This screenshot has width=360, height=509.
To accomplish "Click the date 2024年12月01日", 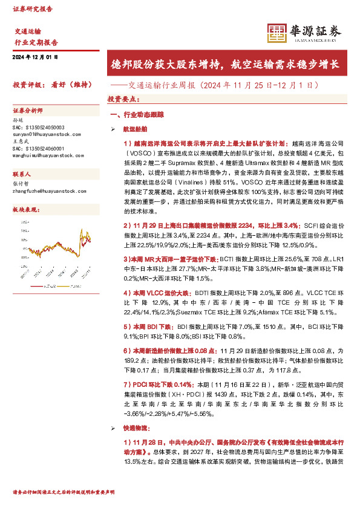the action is (34, 57).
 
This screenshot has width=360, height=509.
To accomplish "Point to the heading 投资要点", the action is (123, 98).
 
